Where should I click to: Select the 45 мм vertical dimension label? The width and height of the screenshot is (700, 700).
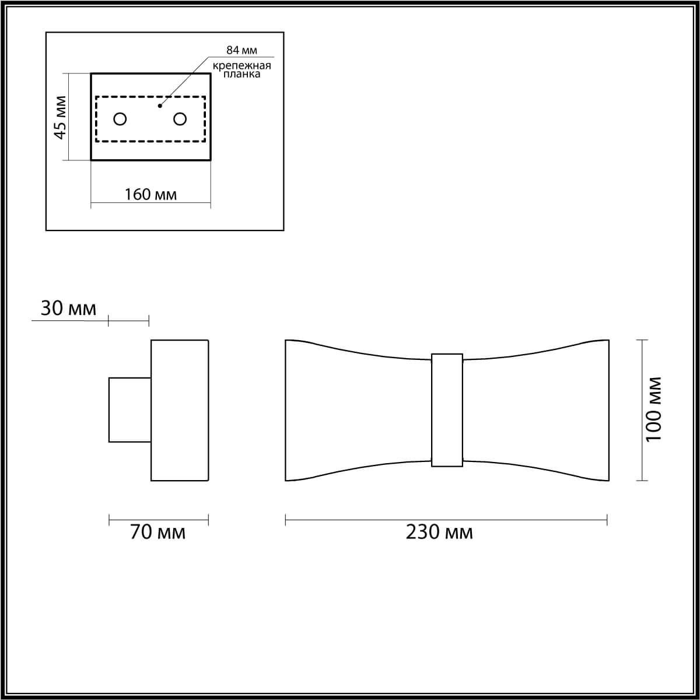(x=60, y=117)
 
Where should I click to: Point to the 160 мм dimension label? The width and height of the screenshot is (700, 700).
(x=150, y=194)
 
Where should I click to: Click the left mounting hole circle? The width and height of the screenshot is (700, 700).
(x=120, y=119)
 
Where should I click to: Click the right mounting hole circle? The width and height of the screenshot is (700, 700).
(x=180, y=119)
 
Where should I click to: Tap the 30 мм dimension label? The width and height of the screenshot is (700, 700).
(x=68, y=308)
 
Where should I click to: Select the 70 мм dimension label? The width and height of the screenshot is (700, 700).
(x=157, y=532)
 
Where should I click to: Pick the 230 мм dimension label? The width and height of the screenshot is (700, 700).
(x=439, y=532)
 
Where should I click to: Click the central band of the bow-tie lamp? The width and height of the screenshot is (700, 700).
(x=447, y=409)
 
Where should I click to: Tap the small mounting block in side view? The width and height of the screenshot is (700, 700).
(x=129, y=409)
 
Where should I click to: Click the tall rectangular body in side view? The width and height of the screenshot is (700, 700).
(x=180, y=409)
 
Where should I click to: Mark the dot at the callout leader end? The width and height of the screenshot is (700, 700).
(x=160, y=106)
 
